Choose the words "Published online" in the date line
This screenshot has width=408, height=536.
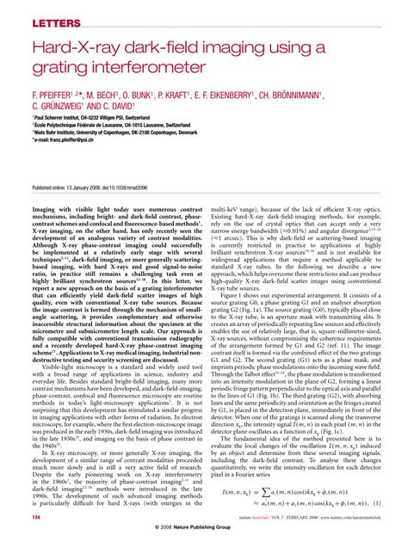[x=53, y=187]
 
